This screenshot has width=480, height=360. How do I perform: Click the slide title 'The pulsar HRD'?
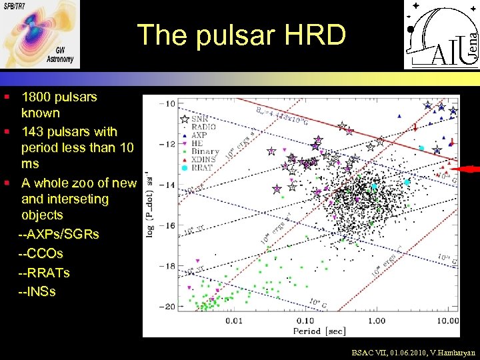(x=241, y=35)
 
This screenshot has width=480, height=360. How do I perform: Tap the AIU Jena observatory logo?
(x=441, y=35)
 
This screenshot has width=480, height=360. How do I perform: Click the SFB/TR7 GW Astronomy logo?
(x=40, y=35)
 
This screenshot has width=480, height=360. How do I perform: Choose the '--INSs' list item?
(x=37, y=291)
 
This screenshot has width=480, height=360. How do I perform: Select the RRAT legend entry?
(x=202, y=168)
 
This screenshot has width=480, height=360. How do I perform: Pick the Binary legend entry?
(x=205, y=151)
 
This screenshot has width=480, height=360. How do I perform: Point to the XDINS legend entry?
(x=204, y=160)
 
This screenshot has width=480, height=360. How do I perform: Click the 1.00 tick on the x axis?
(x=377, y=321)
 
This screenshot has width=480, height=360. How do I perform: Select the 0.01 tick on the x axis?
(x=233, y=321)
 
